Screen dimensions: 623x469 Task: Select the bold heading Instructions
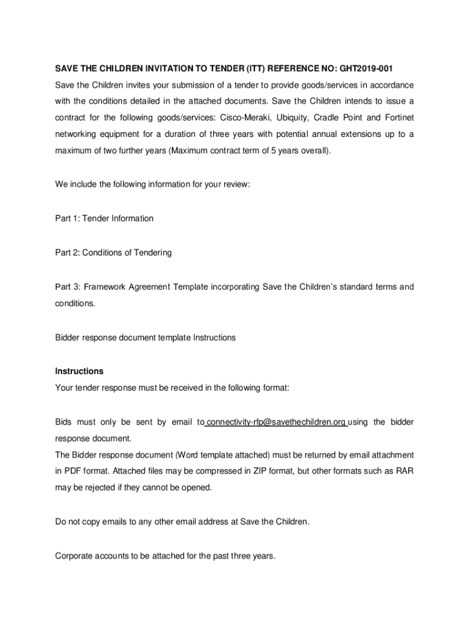tap(79, 371)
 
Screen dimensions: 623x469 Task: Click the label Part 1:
tap(67, 218)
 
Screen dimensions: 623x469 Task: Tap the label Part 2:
tap(67, 252)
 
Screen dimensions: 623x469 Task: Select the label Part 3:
tap(67, 287)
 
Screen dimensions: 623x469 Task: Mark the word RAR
tap(404, 472)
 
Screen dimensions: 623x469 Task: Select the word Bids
tap(64, 422)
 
